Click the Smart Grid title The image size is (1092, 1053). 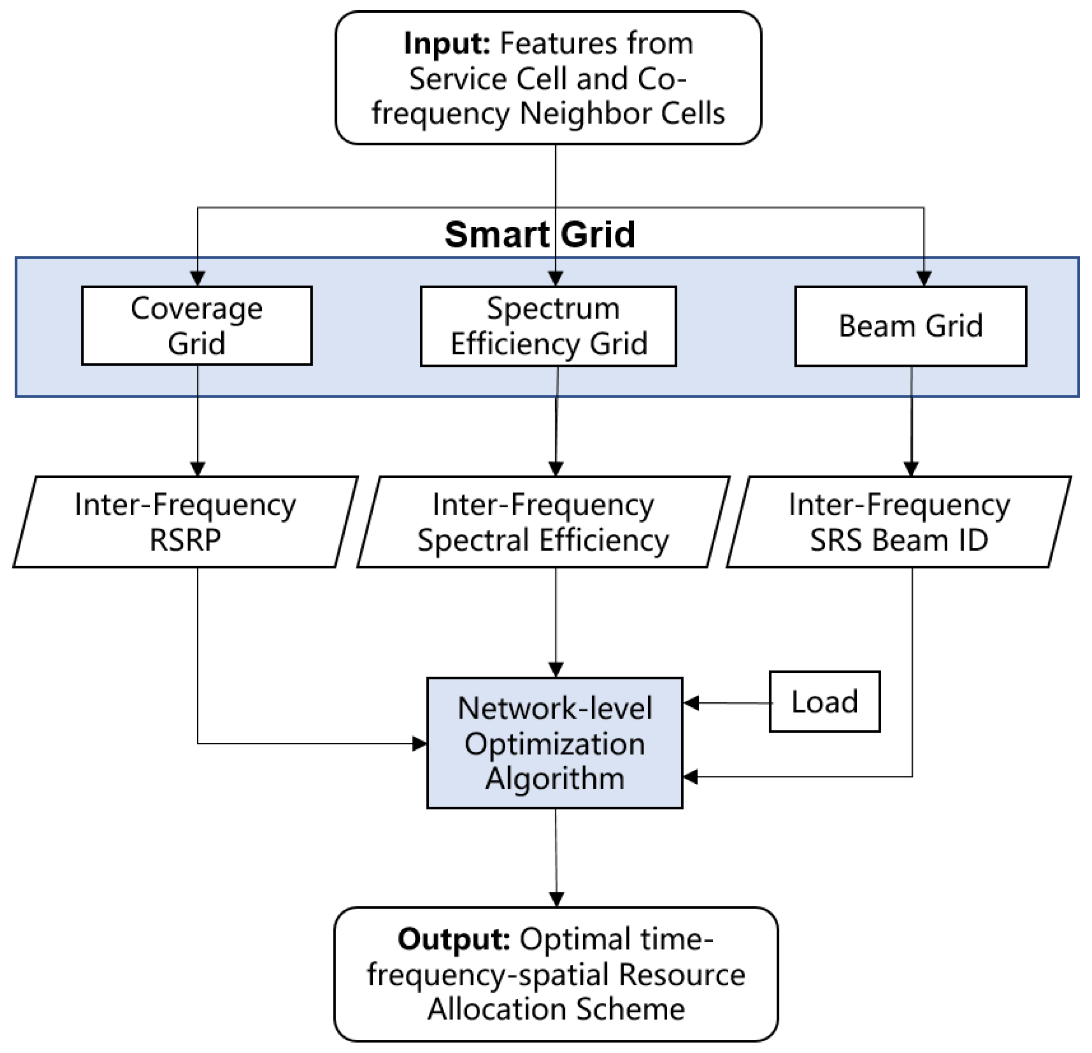539,234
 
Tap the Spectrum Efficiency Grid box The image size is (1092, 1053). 548,326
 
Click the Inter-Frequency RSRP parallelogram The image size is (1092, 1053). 185,522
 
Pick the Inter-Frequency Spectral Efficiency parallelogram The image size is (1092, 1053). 543,522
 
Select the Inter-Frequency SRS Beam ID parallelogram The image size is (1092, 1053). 899,522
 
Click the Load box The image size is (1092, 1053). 825,701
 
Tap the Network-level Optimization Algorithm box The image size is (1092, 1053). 554,743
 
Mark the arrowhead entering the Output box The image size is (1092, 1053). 556,899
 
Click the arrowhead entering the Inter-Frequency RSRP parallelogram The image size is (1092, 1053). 198,468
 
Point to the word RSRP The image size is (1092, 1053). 185,539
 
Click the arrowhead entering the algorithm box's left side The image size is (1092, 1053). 419,743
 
